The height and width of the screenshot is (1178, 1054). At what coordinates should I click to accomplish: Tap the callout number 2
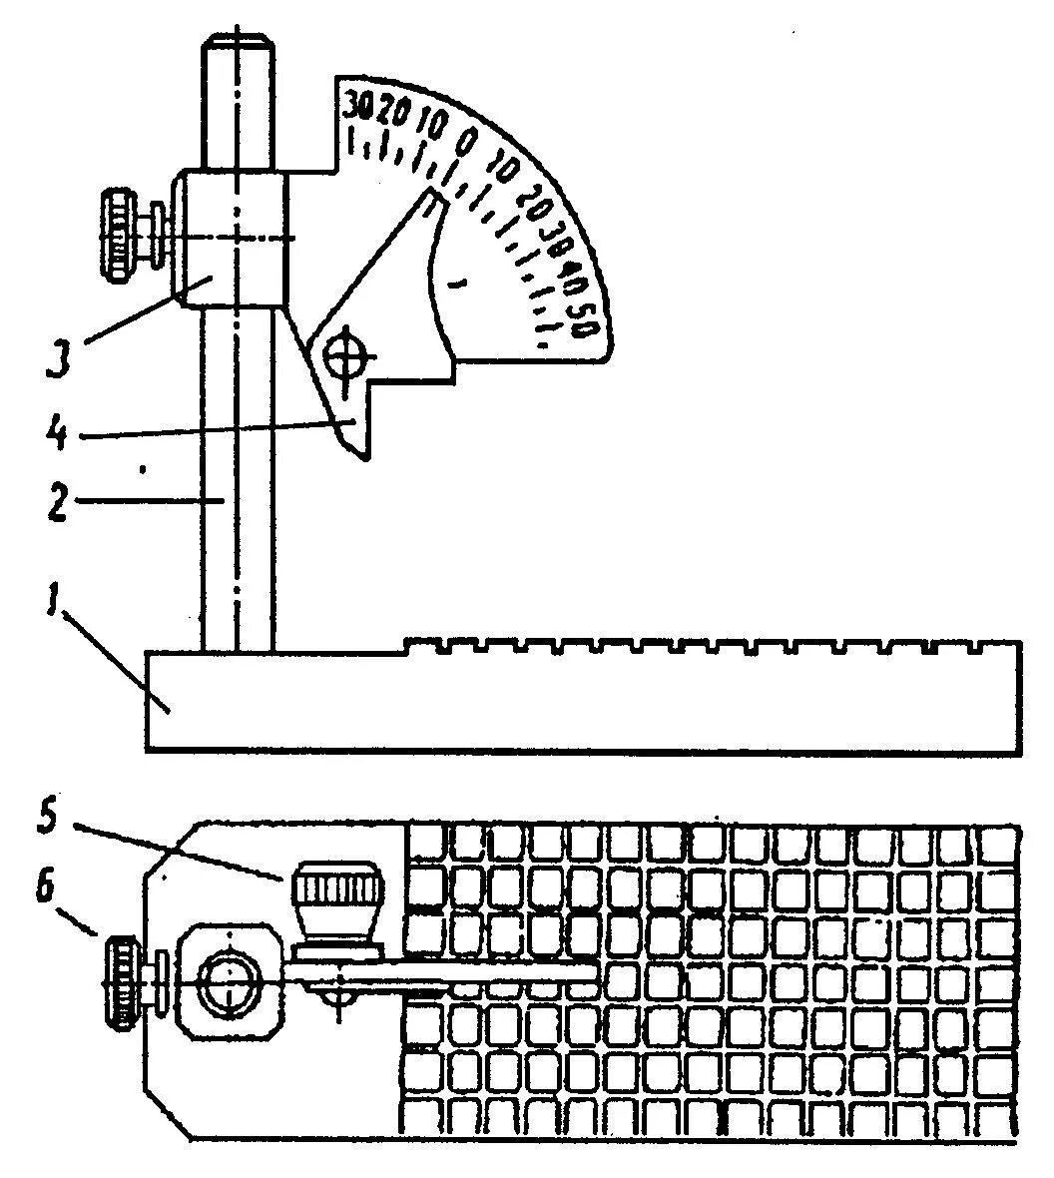tap(55, 502)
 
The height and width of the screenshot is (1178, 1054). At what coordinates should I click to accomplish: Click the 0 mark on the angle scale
tap(465, 141)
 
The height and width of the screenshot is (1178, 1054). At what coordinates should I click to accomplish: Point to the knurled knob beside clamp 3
tap(122, 237)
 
